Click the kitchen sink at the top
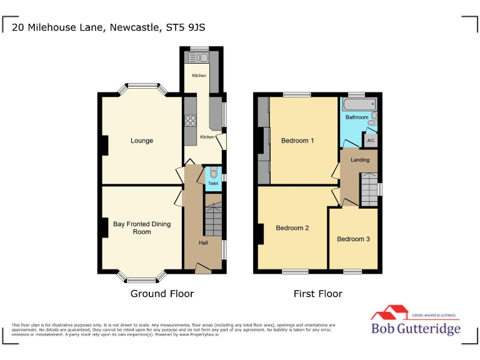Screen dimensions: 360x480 pyautogui.click(x=198, y=58)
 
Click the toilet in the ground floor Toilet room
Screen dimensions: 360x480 pyautogui.click(x=213, y=174)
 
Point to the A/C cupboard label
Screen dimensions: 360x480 pyautogui.click(x=371, y=141)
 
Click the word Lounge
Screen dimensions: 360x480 pyautogui.click(x=142, y=141)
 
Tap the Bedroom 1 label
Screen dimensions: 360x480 pyautogui.click(x=297, y=141)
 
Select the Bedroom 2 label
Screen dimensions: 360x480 pyautogui.click(x=292, y=228)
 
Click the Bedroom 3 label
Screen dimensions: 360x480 pyautogui.click(x=353, y=239)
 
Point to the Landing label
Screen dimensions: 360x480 pyautogui.click(x=360, y=160)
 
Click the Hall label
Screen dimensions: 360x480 pyautogui.click(x=203, y=243)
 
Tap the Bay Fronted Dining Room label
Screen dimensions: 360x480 pyautogui.click(x=142, y=228)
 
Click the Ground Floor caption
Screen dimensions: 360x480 pyautogui.click(x=162, y=294)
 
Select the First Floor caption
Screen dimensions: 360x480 pyautogui.click(x=318, y=294)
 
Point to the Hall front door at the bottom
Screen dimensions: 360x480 pyautogui.click(x=203, y=269)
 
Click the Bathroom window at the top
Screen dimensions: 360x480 pyautogui.click(x=356, y=94)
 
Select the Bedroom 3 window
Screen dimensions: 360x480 pyautogui.click(x=352, y=271)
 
